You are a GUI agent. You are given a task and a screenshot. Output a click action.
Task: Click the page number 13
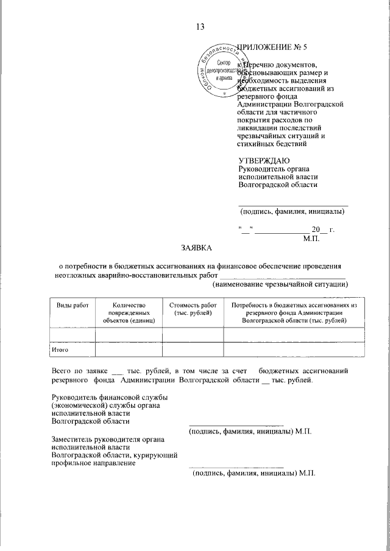pyautogui.click(x=199, y=26)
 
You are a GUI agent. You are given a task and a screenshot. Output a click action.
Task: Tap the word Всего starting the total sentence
pyautogui.click(x=62, y=370)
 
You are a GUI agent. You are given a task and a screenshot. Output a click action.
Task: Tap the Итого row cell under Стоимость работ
pyautogui.click(x=193, y=350)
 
